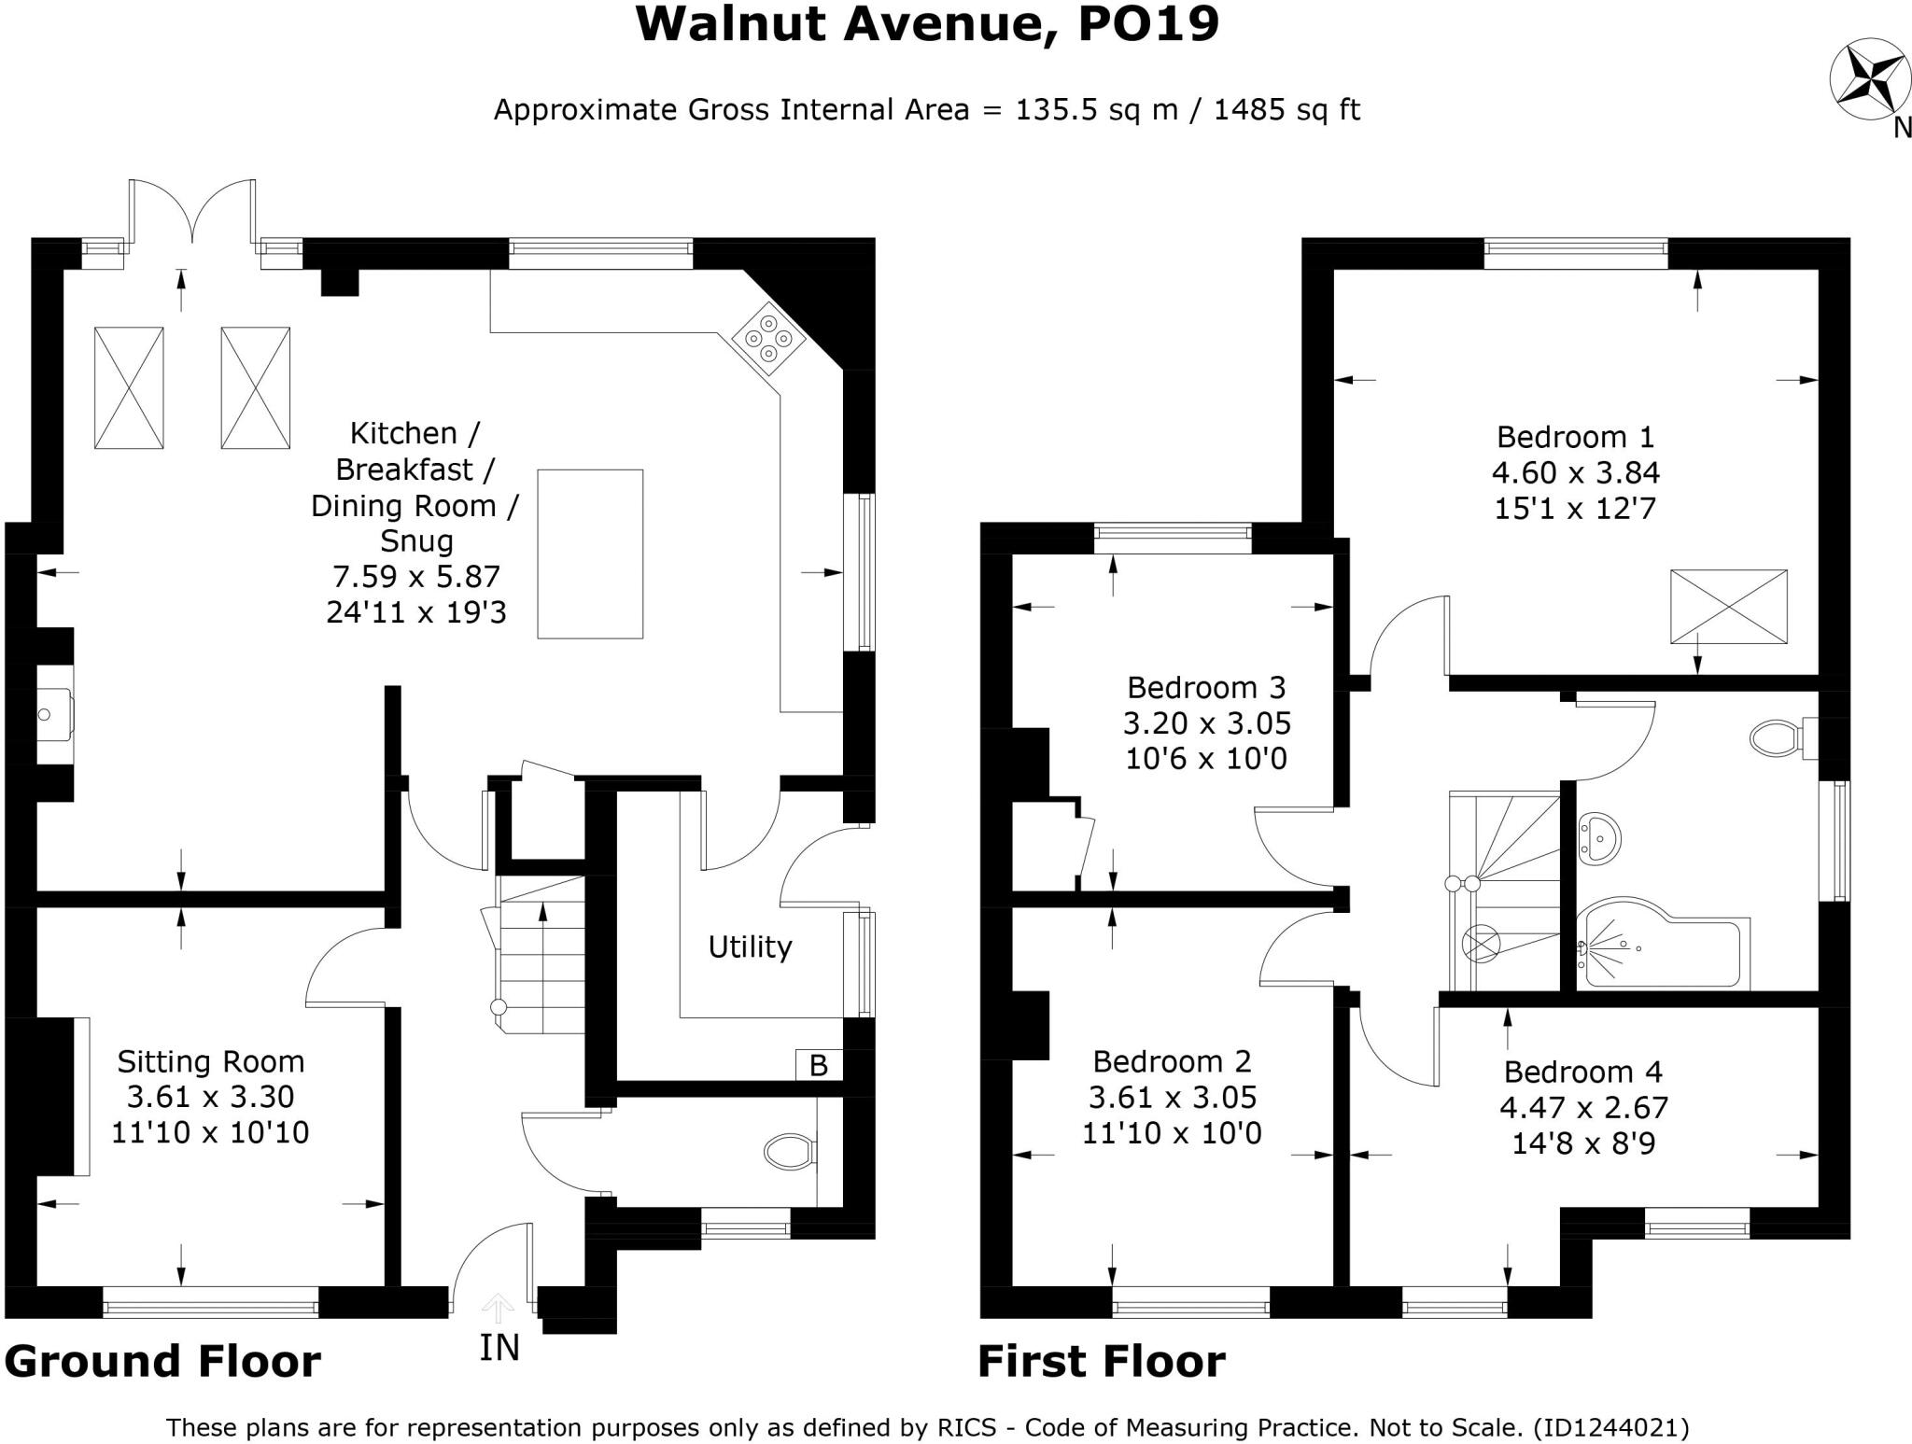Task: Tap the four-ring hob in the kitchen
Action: [x=768, y=338]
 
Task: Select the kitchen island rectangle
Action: [x=590, y=554]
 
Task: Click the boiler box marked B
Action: [x=819, y=1065]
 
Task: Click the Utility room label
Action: [x=750, y=947]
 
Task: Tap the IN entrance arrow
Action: [x=499, y=1309]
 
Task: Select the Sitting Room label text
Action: [x=210, y=1061]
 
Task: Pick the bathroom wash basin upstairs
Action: [x=1599, y=839]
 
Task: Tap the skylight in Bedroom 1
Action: [x=1728, y=607]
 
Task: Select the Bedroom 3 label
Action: [x=1206, y=688]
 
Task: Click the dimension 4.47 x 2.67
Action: [x=1583, y=1108]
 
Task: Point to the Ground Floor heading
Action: [x=163, y=1361]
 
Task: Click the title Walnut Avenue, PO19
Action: [x=927, y=25]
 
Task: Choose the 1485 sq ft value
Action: [x=1286, y=110]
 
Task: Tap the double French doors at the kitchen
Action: [x=191, y=213]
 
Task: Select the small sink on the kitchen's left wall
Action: [x=52, y=715]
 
